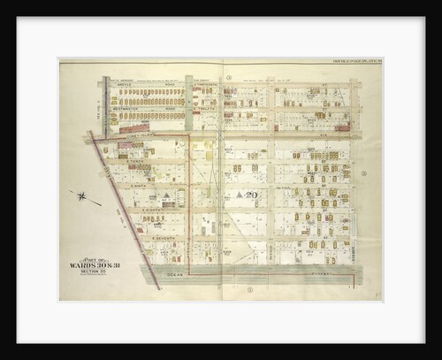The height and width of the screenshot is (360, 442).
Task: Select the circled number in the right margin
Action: tap(362, 173)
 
